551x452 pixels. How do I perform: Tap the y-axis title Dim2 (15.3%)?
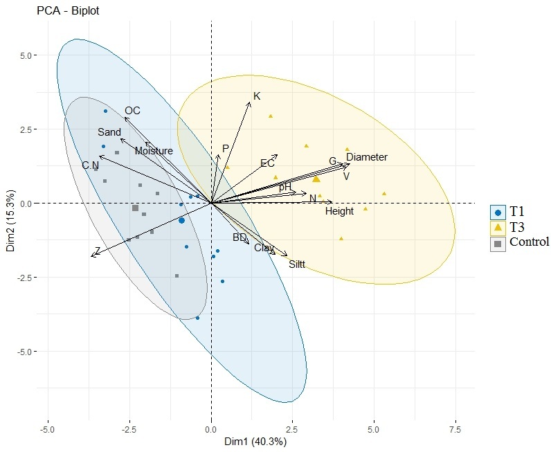(x=10, y=217)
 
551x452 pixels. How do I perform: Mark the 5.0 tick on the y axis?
(x=26, y=55)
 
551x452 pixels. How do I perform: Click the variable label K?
(x=257, y=96)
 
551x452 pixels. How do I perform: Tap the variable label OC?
(x=132, y=111)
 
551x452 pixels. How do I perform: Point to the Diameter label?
(x=367, y=157)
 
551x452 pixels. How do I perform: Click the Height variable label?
(x=339, y=211)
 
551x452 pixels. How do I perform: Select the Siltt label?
(x=297, y=264)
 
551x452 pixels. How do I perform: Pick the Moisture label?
(x=154, y=151)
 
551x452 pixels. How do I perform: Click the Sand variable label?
(x=109, y=132)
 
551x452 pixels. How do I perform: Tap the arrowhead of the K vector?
(x=249, y=103)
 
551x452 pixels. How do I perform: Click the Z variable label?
(x=98, y=251)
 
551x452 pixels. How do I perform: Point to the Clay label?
(x=264, y=248)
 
